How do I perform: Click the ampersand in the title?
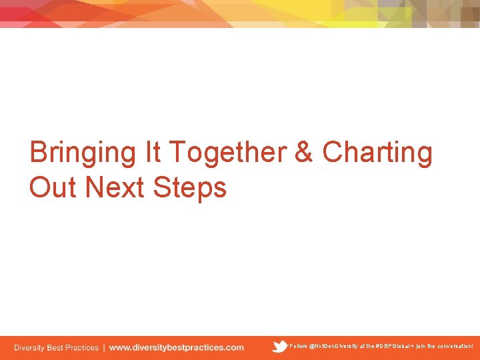(x=304, y=153)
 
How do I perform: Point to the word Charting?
(x=377, y=153)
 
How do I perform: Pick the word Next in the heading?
(x=115, y=187)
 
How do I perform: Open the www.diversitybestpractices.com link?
(x=176, y=347)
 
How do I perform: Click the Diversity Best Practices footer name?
(x=56, y=347)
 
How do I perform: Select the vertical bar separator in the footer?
(x=103, y=347)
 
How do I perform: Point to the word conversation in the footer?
(x=455, y=347)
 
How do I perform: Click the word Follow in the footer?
(x=298, y=347)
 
